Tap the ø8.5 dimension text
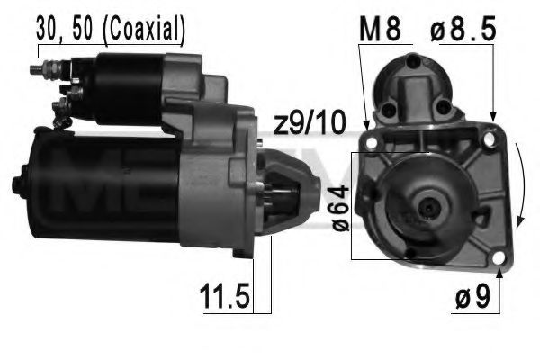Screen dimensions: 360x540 click(x=463, y=29)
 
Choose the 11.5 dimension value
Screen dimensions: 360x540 click(x=224, y=294)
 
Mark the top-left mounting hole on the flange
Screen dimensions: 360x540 click(x=369, y=139)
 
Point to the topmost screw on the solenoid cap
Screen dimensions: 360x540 click(x=415, y=61)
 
